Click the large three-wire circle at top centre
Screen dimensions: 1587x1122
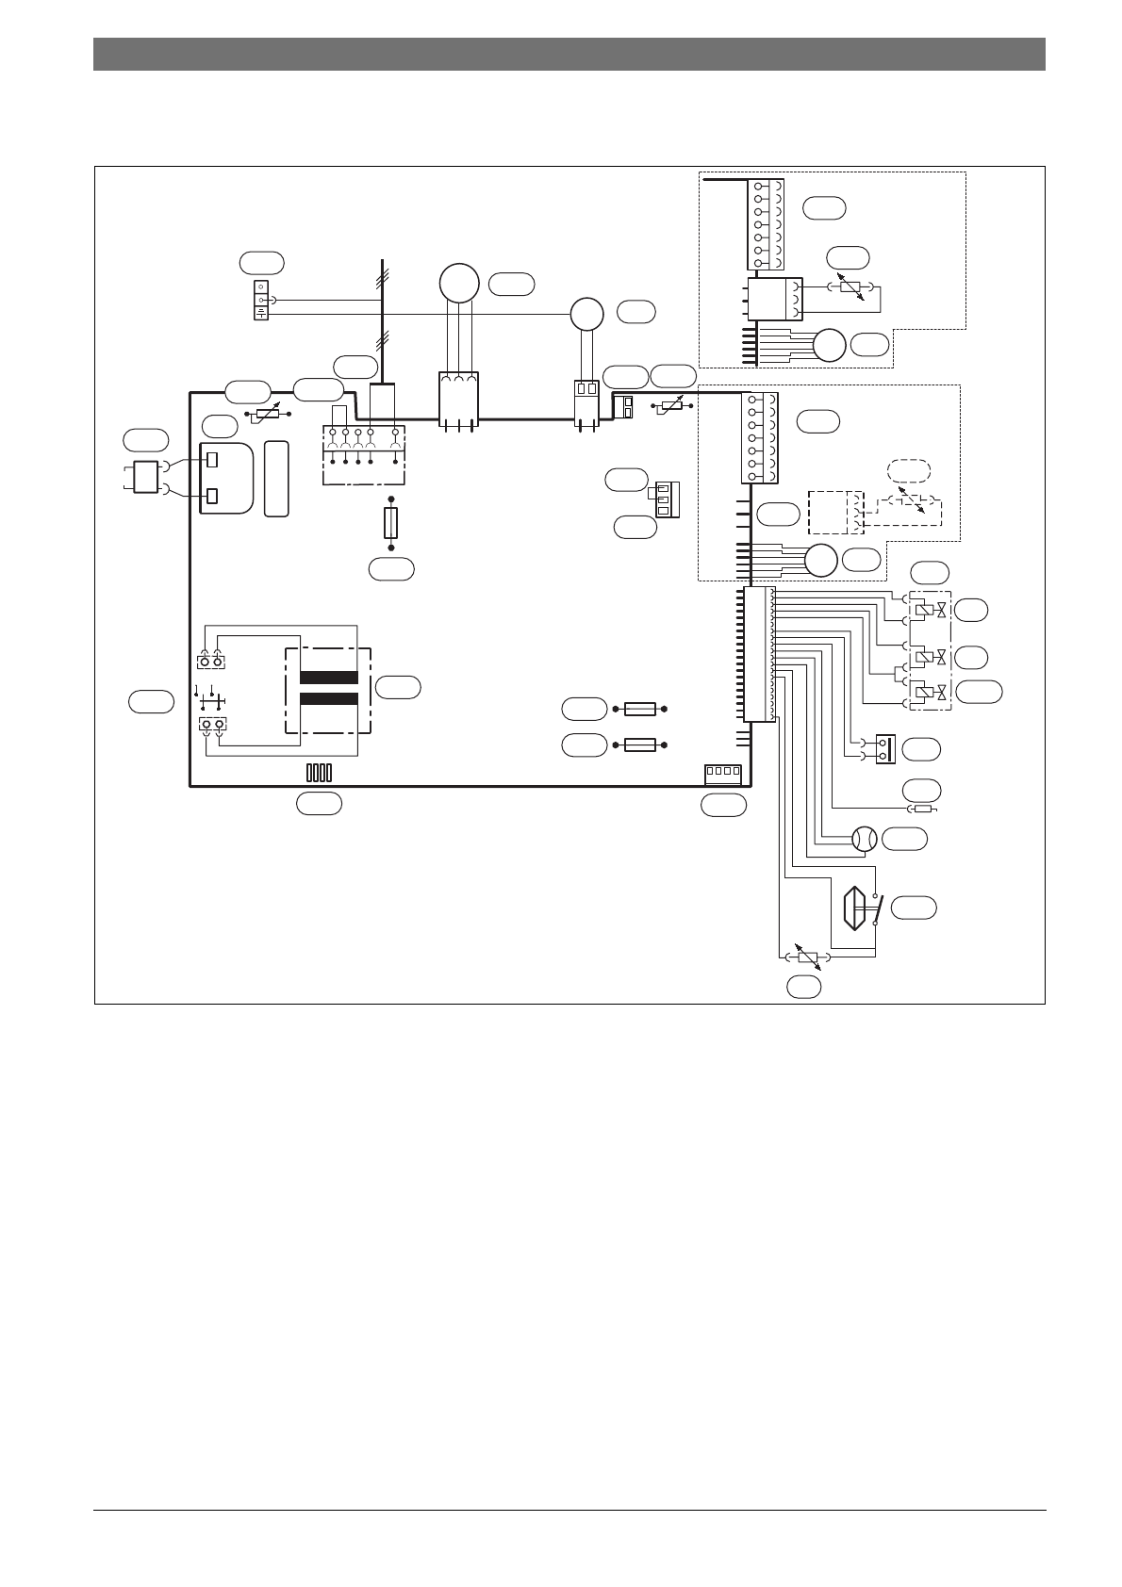[x=459, y=283]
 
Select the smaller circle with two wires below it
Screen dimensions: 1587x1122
[x=586, y=312]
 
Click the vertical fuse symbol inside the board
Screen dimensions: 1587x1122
[x=391, y=523]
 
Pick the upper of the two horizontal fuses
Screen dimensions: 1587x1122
[x=639, y=709]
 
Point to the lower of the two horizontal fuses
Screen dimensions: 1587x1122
[x=639, y=744]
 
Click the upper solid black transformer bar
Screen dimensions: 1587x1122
[x=328, y=678]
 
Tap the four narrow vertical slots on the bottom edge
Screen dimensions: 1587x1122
[x=319, y=773]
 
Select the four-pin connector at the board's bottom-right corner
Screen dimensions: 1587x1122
[x=723, y=774]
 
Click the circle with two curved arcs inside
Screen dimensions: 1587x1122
[x=864, y=838]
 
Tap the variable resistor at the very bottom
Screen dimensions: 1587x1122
[x=808, y=957]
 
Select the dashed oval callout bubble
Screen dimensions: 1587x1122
[x=909, y=469]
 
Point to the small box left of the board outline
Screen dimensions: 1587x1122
[x=145, y=477]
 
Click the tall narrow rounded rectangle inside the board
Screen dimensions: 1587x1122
[x=276, y=478]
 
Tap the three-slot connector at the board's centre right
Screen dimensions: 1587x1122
[x=666, y=499]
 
